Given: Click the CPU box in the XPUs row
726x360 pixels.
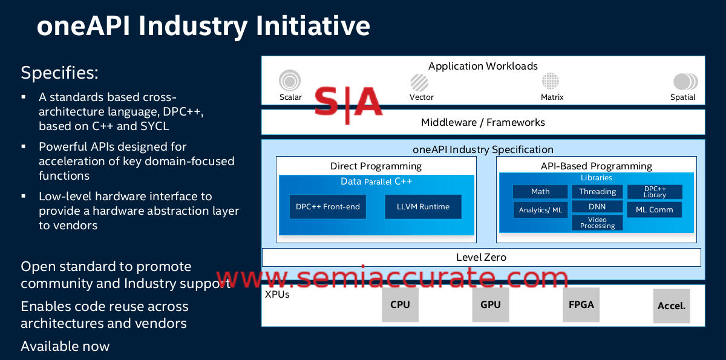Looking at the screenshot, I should click(x=400, y=304).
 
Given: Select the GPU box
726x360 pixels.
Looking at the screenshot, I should click(x=490, y=304).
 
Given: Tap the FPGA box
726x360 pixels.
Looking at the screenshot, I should click(x=581, y=304).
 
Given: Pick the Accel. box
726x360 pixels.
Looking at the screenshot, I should click(x=672, y=306).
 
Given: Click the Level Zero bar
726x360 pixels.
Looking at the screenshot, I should click(x=481, y=257).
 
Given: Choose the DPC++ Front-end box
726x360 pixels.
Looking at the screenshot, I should click(x=327, y=207).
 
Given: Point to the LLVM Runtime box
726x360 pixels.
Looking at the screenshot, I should click(x=423, y=207).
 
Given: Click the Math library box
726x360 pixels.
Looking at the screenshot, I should click(x=540, y=192).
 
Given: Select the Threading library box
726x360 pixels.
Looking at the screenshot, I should click(x=597, y=192).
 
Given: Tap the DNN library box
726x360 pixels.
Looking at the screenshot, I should click(x=597, y=207).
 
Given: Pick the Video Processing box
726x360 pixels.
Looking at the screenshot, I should click(x=597, y=223).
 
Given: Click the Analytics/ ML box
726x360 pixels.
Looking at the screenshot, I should click(x=540, y=210).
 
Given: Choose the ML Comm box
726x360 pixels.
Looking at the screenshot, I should click(x=654, y=210).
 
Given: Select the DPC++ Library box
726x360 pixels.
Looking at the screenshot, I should click(x=654, y=192).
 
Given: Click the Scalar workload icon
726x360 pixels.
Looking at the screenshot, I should click(x=290, y=80).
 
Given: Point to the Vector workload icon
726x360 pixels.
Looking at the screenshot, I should click(x=419, y=82).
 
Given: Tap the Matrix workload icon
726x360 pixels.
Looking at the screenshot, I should click(x=551, y=81).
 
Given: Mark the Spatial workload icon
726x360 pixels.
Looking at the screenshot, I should click(x=684, y=82).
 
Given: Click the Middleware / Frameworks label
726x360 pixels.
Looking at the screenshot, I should click(x=483, y=122).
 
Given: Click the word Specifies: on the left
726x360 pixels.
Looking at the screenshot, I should click(x=59, y=73).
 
